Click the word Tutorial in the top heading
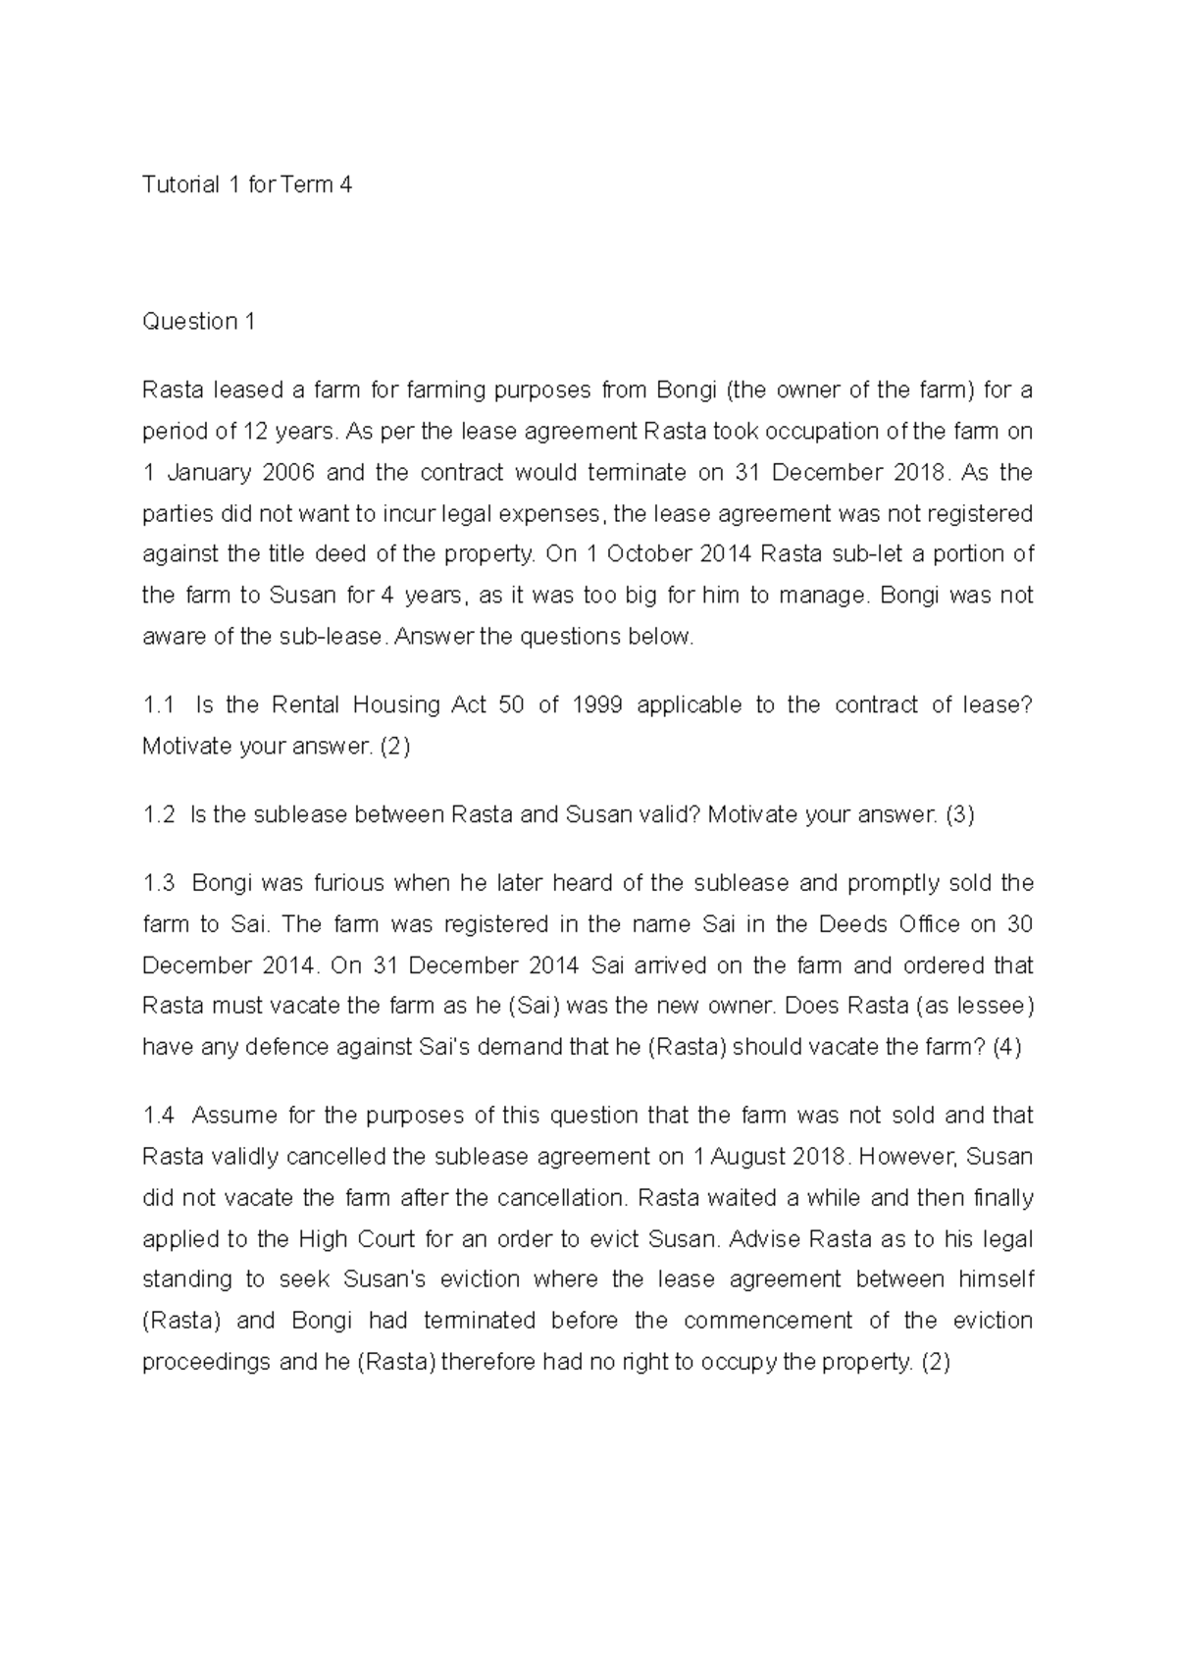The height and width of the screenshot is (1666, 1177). [180, 184]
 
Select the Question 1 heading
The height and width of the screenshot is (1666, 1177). [198, 322]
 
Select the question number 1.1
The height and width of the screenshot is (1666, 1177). [158, 705]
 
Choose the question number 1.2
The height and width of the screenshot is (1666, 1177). [159, 815]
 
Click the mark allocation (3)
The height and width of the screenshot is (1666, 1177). [959, 815]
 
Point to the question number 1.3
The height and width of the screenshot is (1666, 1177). [159, 883]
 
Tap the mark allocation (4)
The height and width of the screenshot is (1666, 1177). [1006, 1047]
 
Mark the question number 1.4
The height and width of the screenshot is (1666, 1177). [159, 1116]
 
